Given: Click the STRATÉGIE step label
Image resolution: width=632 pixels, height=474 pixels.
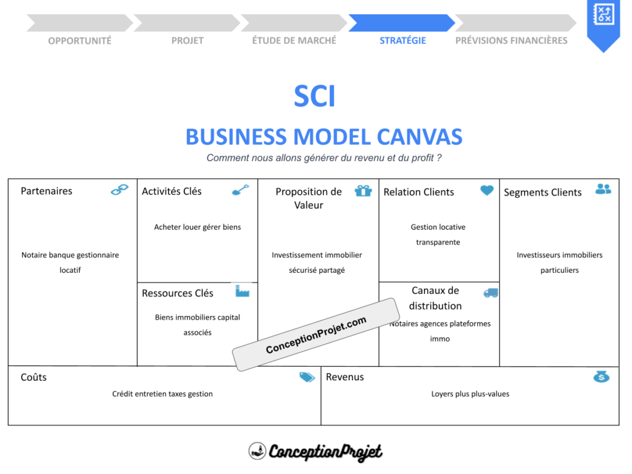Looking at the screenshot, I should (x=402, y=41).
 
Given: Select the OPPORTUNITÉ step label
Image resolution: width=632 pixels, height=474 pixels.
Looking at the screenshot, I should (x=80, y=41).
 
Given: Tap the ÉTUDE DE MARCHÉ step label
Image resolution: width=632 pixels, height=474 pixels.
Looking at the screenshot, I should (x=294, y=41).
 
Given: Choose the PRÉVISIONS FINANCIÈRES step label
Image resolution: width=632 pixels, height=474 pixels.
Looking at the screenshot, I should (x=511, y=41).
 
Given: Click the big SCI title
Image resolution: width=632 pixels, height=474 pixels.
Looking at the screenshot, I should (x=315, y=98).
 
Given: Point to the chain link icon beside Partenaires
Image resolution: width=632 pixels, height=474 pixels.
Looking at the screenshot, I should (x=119, y=190).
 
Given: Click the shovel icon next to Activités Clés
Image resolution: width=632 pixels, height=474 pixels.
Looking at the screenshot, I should (x=240, y=190).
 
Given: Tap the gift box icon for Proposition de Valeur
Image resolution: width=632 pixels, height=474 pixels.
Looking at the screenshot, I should (x=363, y=191).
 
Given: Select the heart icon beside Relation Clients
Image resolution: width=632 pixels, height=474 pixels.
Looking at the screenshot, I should (x=487, y=191).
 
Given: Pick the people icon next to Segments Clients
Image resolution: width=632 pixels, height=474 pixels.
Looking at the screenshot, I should (x=603, y=189).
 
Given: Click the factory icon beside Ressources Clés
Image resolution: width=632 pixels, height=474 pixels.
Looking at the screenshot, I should (x=242, y=291).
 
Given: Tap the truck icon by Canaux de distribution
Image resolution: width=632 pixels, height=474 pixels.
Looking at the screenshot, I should (x=491, y=293).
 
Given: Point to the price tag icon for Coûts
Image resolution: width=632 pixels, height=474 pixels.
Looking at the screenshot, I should (x=307, y=377).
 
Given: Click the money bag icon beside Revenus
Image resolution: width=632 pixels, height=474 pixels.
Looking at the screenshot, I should (x=601, y=376).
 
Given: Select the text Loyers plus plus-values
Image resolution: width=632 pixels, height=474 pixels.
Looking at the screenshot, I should (x=470, y=394).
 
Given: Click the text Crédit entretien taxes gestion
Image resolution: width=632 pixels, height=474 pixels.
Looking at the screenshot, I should (x=162, y=394).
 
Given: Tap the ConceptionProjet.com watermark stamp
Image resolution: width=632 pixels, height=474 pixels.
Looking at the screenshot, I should (x=316, y=335).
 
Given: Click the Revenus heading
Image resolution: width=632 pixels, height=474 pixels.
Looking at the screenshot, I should (x=345, y=377).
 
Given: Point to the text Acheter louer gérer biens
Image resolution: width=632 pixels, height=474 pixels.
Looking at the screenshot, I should (x=197, y=227).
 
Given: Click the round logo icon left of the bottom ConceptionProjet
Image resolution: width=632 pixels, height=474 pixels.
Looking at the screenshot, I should (x=257, y=451).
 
